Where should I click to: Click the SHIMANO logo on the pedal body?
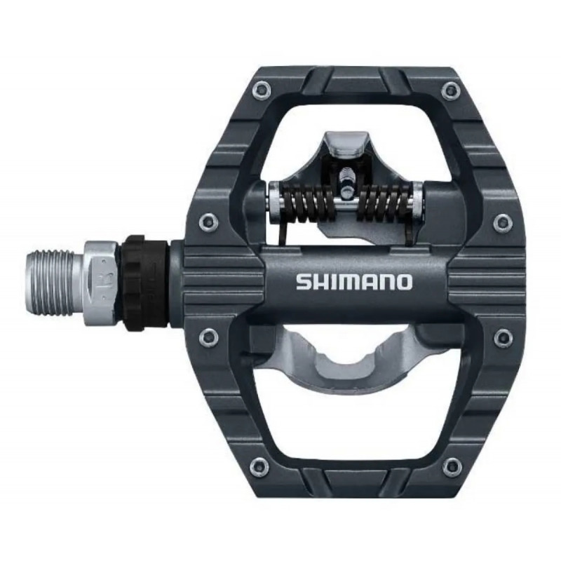[354, 283]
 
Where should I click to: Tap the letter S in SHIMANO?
[304, 283]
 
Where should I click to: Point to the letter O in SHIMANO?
[404, 283]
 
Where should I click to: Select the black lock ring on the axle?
[146, 280]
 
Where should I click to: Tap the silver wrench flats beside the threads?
[101, 282]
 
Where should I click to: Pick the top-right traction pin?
[450, 90]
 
